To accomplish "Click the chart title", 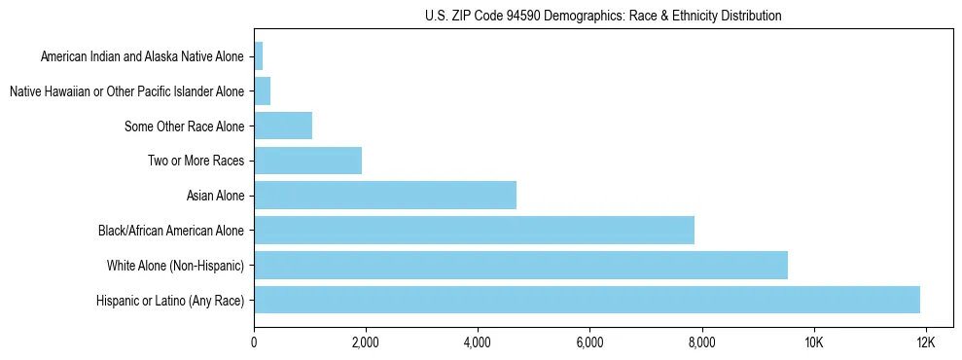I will coord(603,16).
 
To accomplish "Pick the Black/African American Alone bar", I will coord(474,230).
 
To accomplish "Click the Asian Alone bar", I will coord(385,196).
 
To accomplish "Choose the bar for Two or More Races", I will coord(307,161).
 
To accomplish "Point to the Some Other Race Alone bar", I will coord(283,126).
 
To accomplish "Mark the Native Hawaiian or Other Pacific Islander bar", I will coord(262,91).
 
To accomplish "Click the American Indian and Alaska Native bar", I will coord(258,56).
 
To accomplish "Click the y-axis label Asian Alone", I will coord(216,196).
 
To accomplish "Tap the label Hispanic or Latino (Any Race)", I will coord(171,300).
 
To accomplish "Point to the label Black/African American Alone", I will coord(172,231).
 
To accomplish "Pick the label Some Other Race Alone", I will coord(185,126).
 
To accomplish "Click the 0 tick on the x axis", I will coord(254,342).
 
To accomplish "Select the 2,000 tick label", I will coord(366,342).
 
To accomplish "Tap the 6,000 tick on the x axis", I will coord(589,342).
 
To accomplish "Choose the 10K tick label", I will coord(813,342).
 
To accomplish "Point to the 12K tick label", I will coord(925,342).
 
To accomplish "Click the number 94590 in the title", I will coord(523,16).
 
